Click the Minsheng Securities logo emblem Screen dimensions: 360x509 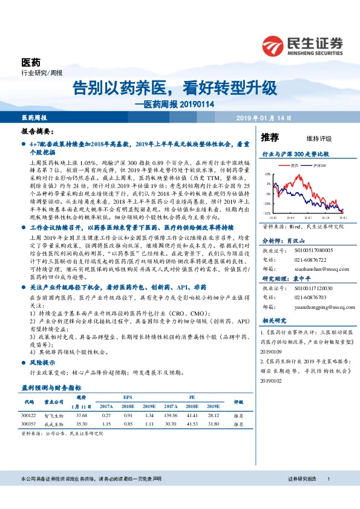click(x=275, y=46)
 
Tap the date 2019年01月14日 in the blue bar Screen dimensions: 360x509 click(x=264, y=117)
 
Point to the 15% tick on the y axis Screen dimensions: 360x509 click(x=267, y=174)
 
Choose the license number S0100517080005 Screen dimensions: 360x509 click(x=307, y=232)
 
